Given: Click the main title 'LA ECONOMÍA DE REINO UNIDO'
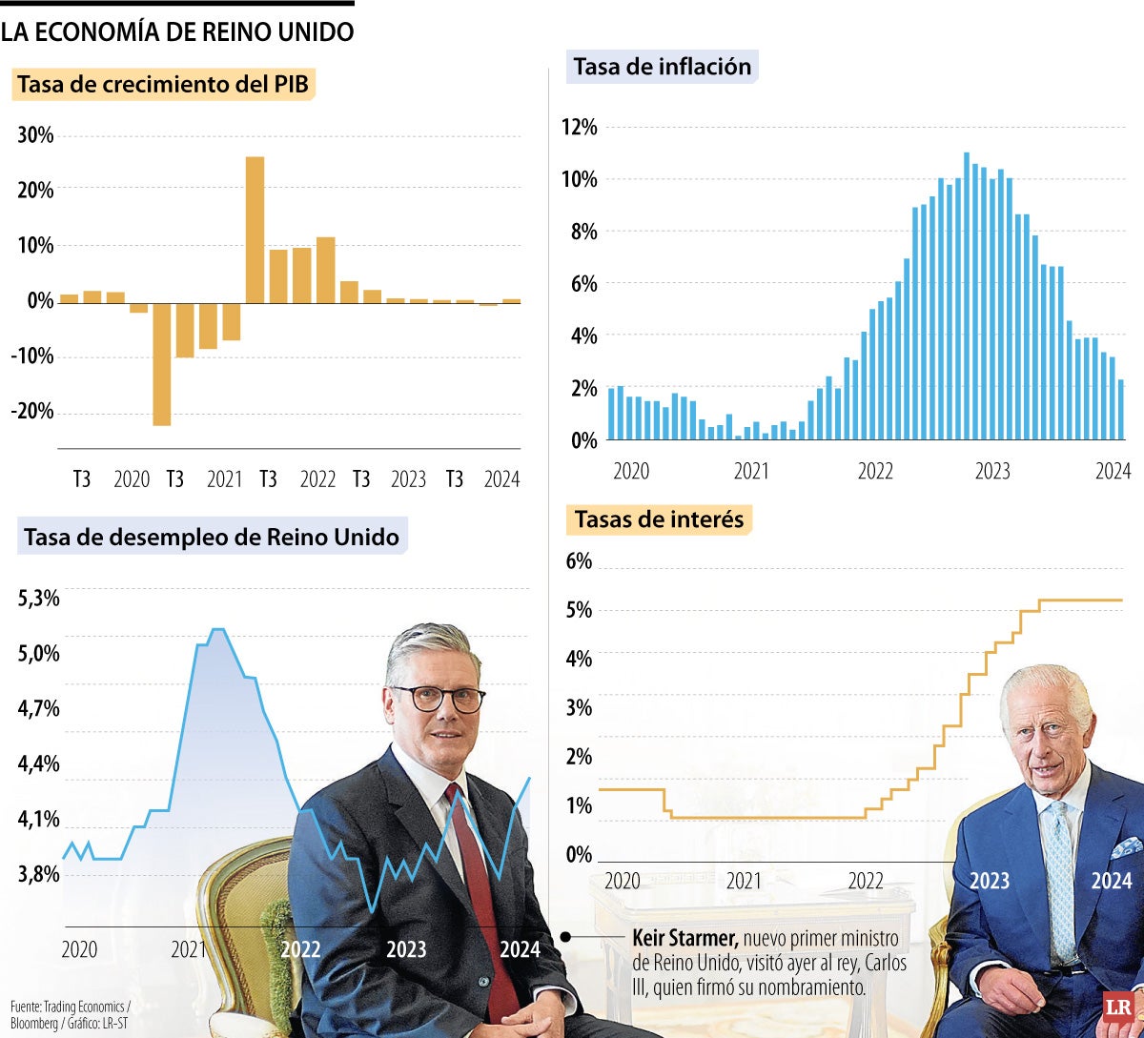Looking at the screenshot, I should (177, 31).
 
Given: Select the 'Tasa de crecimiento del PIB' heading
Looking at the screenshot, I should (165, 85).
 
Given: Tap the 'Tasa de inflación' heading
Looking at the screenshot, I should (662, 67).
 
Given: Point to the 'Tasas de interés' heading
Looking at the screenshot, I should (660, 520).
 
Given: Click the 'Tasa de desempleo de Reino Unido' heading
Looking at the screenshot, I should (212, 538).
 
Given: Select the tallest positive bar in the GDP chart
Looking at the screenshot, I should (255, 229).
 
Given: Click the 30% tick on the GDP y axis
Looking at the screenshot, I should (35, 135).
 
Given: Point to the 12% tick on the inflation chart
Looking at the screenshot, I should (578, 128).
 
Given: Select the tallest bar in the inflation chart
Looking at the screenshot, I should (967, 295).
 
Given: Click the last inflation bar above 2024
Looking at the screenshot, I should (1120, 410).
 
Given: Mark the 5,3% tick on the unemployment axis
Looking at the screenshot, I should (39, 599).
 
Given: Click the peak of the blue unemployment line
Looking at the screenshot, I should (217, 629).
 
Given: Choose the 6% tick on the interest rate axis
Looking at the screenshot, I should (579, 561).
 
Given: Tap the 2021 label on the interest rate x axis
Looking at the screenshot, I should (744, 882).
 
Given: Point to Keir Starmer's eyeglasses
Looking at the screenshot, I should (439, 697).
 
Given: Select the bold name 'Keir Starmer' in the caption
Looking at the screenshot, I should (684, 939).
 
